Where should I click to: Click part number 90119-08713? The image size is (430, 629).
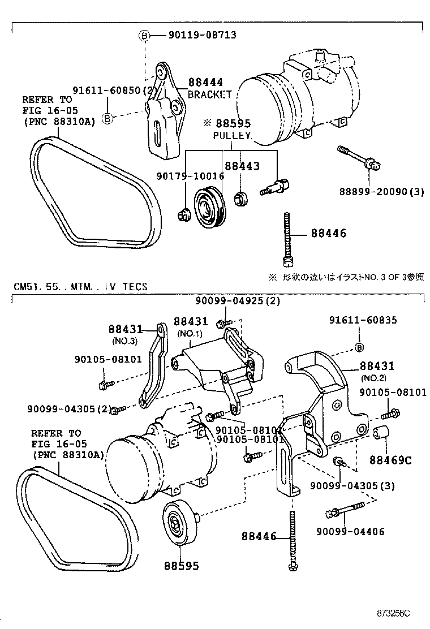pos(202,35)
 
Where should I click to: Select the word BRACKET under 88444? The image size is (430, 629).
pos(209,94)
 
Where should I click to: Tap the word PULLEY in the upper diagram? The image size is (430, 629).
pos(232,136)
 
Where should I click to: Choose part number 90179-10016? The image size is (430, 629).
pos(190,176)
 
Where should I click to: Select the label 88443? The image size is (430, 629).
pos(242,166)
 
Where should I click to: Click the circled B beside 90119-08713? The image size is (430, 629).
pos(144,36)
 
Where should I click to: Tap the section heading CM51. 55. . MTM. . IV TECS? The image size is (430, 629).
pos(80,287)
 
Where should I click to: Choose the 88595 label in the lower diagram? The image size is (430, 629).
pos(182,565)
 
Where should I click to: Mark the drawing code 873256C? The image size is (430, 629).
pos(394,613)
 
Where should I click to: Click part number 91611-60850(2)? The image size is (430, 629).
pos(114,91)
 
